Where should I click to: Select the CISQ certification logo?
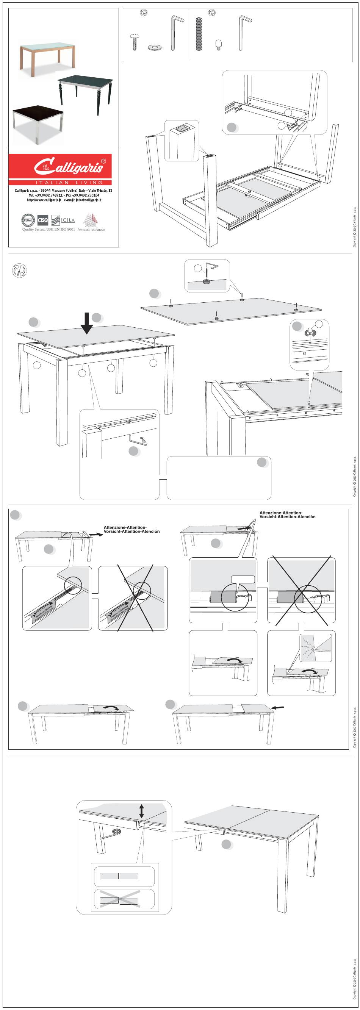[x=43, y=220]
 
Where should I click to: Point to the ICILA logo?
[x=63, y=220]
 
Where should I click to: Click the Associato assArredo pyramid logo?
[x=91, y=221]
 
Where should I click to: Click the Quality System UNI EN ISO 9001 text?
[x=48, y=229]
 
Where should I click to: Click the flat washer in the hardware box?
[x=155, y=48]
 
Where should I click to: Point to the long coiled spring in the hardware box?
[x=199, y=34]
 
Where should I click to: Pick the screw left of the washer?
[x=135, y=42]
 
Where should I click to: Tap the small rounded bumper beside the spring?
[x=218, y=44]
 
